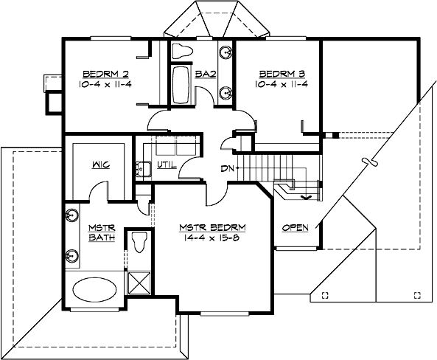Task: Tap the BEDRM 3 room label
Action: pos(277,74)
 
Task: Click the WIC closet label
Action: pos(101,165)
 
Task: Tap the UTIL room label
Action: pos(167,165)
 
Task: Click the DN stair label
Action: pos(227,169)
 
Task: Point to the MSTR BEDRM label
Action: pos(212,226)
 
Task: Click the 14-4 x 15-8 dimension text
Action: pos(212,238)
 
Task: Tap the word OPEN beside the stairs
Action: pos(296,227)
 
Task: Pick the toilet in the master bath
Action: pos(139,240)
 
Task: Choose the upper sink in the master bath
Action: pos(72,217)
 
